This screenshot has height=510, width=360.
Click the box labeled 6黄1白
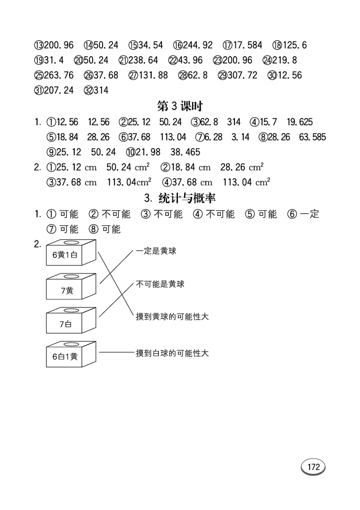click(x=66, y=255)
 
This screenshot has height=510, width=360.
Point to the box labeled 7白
click(x=66, y=324)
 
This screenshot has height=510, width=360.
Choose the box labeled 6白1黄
click(x=65, y=357)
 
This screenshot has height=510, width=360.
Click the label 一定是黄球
click(x=156, y=251)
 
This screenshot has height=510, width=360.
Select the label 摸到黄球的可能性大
click(x=172, y=317)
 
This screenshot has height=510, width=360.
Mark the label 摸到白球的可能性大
click(x=172, y=353)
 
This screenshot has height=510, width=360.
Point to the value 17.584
click(x=249, y=45)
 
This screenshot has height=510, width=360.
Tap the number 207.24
click(x=58, y=90)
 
